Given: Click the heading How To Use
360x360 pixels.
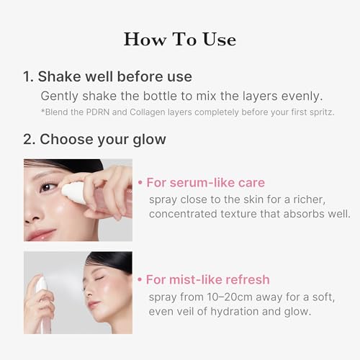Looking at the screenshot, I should [x=180, y=38].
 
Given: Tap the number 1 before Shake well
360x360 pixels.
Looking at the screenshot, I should [x=27, y=76].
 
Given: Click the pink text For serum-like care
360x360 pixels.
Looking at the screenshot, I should [x=205, y=182].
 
